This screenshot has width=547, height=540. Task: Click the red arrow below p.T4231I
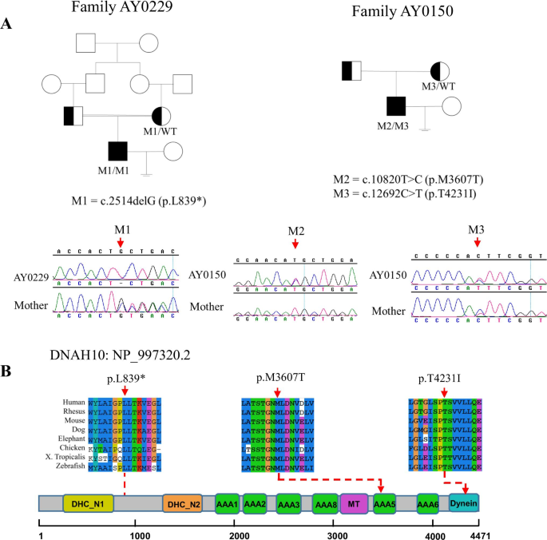click(444, 391)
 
